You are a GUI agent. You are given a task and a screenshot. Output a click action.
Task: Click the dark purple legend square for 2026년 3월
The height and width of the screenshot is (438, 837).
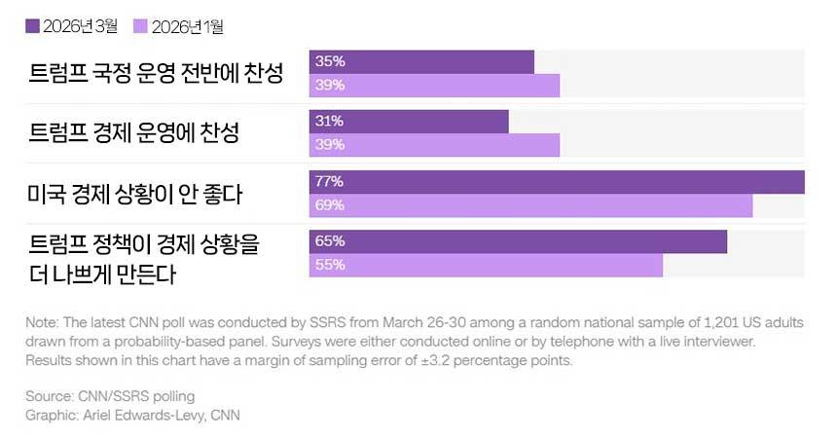(x=32, y=26)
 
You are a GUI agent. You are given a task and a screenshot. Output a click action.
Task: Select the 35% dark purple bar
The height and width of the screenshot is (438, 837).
(x=421, y=61)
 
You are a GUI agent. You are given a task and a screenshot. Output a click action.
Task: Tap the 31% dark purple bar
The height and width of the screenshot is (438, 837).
(x=409, y=122)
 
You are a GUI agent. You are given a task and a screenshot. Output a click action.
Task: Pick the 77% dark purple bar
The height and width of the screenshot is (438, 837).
(x=557, y=182)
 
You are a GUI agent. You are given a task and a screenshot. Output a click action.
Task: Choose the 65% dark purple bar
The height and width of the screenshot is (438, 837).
(x=518, y=241)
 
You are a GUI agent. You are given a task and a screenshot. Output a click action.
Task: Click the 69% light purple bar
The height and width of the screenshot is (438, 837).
(x=530, y=205)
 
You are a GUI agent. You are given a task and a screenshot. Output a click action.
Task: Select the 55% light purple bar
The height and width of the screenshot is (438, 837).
(x=486, y=265)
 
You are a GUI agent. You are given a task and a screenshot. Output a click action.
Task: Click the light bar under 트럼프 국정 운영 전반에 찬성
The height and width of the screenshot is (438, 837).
(x=434, y=86)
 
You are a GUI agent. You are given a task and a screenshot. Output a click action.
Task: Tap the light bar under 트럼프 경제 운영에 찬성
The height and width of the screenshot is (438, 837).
(x=434, y=145)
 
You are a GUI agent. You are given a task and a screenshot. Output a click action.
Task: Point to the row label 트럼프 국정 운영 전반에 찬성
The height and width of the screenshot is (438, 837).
(x=156, y=74)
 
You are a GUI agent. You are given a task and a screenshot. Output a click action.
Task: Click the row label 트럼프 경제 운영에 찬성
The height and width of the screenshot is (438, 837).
(x=134, y=133)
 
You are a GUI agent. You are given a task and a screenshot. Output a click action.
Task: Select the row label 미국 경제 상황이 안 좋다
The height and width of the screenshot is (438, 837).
(x=135, y=194)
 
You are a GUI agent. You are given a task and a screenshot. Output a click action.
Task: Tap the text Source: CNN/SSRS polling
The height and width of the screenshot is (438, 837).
(x=110, y=396)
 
